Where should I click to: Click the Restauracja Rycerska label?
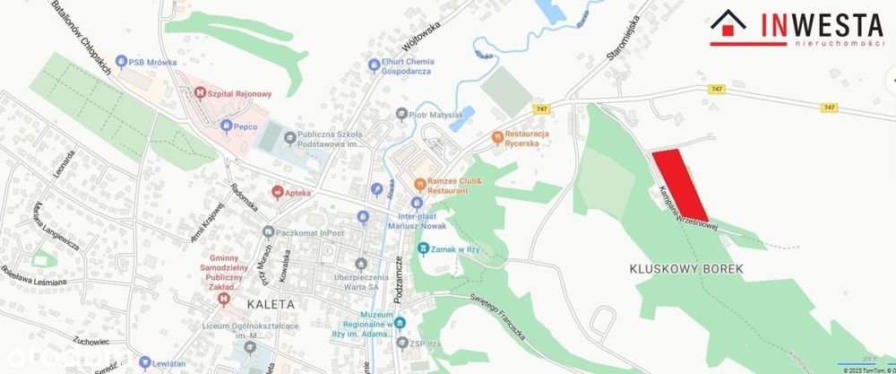(x=538, y=139)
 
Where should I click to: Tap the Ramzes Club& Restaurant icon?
(x=418, y=183)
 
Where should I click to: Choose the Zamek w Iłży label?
(x=452, y=249)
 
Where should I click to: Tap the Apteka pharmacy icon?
(x=278, y=192)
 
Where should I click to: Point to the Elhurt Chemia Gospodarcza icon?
(x=374, y=64)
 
